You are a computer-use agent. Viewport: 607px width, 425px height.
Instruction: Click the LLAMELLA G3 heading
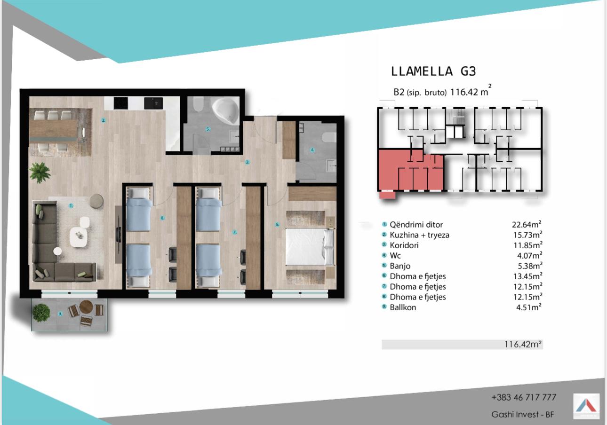point(433,71)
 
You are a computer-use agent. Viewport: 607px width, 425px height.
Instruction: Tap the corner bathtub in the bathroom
point(225,111)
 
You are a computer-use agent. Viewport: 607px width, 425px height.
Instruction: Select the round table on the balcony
point(86,307)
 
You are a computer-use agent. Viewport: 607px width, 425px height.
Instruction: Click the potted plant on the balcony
point(41,313)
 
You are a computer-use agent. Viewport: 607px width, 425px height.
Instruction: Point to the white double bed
point(310,247)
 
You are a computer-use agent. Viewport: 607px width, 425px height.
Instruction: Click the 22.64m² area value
point(527,224)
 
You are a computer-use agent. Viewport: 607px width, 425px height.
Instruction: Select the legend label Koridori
point(404,245)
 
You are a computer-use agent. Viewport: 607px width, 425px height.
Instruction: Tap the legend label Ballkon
point(403,307)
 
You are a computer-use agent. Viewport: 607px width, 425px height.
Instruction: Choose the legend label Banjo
point(400,266)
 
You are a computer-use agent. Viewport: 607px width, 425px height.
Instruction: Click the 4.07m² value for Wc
point(529,256)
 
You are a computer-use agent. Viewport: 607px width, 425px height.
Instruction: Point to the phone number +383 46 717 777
point(524,397)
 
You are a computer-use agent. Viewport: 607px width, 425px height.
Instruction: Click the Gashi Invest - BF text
point(523,415)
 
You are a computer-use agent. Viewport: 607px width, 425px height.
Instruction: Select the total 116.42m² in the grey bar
point(523,344)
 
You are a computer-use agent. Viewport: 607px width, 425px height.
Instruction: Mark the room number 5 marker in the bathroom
point(208,129)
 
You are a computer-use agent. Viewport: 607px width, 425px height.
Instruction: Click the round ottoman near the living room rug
point(96,201)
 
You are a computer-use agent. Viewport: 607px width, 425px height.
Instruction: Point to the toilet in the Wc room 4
point(329,137)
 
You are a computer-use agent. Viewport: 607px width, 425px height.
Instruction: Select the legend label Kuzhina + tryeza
point(419,235)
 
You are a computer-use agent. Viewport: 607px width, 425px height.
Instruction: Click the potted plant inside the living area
point(40,173)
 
